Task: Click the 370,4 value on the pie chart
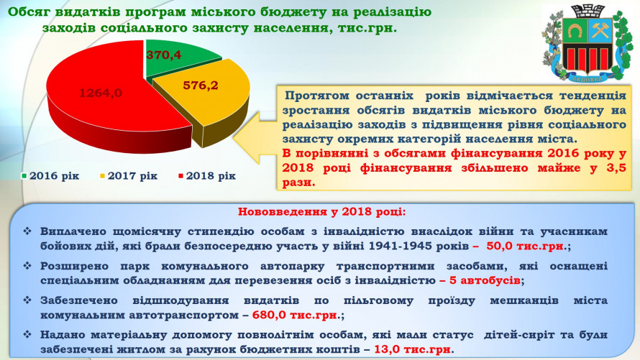[x=164, y=55]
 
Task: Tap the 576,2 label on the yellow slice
[x=201, y=86]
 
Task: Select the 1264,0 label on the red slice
[x=101, y=93]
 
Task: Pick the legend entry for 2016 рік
[x=50, y=176]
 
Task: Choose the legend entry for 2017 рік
[x=129, y=176]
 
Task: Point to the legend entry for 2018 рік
[x=207, y=176]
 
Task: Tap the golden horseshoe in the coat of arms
[x=575, y=31]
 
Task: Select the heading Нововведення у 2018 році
[x=321, y=211]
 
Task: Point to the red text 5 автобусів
[x=485, y=280]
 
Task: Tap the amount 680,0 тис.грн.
[x=296, y=315]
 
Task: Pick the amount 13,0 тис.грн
[x=413, y=349]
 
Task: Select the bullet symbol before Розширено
[x=27, y=266]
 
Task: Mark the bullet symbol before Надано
[x=27, y=335]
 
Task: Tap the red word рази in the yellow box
[x=298, y=183]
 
